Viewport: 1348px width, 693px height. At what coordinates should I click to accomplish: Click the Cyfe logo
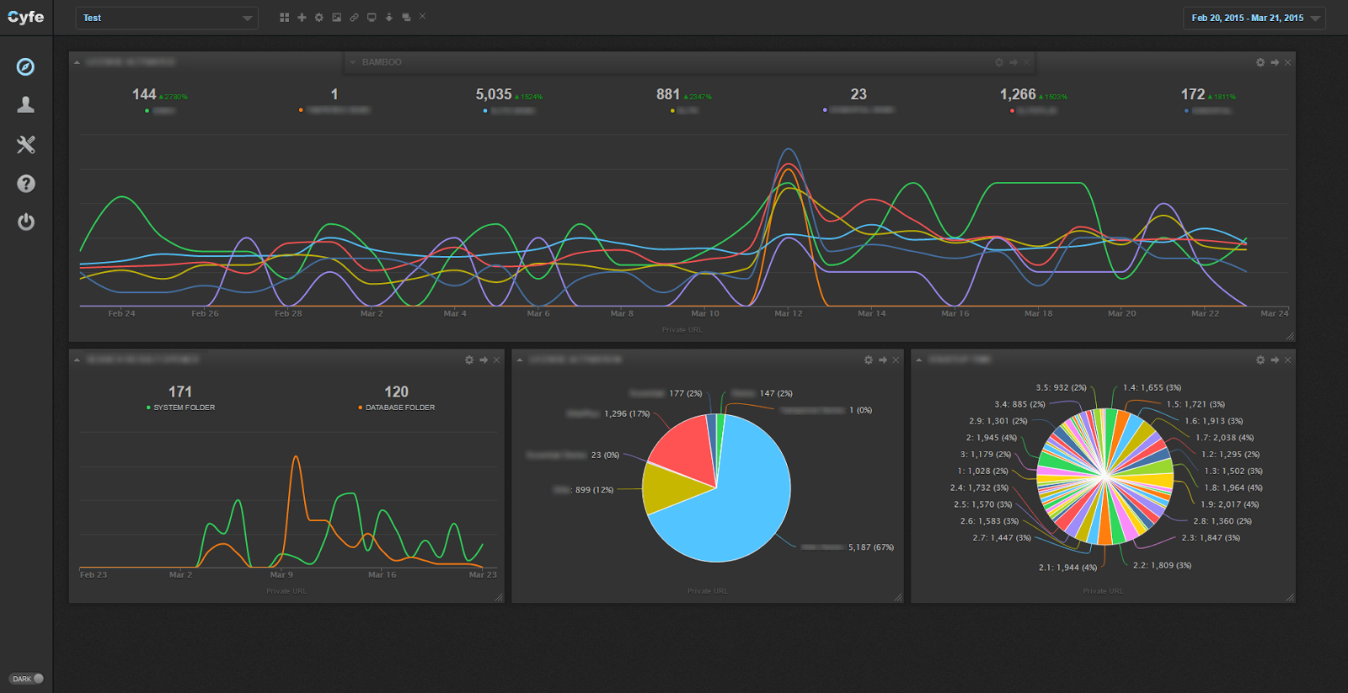(25, 17)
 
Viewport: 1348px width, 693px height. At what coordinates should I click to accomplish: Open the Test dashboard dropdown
(166, 18)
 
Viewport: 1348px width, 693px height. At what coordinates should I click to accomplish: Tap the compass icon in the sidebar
(26, 67)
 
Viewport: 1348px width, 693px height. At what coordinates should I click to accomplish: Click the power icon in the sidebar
(26, 221)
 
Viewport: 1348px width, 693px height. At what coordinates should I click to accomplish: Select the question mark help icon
(26, 184)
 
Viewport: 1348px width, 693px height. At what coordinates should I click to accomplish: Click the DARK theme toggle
(27, 679)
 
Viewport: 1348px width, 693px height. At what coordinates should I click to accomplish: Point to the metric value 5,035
(493, 94)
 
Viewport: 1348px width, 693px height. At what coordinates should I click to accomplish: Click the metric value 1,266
(1017, 94)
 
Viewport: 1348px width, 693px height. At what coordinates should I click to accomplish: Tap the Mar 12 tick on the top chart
(788, 313)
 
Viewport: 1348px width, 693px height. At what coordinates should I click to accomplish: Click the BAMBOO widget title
(382, 62)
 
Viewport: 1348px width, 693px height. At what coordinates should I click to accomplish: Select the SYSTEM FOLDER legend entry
(183, 408)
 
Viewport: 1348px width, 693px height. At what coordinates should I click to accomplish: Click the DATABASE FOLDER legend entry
(399, 408)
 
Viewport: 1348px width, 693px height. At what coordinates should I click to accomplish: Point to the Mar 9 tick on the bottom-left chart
(281, 574)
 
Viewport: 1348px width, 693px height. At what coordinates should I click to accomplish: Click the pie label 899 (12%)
(593, 490)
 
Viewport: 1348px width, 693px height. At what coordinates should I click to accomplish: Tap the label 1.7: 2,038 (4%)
(1223, 438)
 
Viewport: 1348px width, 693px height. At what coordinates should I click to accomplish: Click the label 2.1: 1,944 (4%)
(1067, 568)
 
